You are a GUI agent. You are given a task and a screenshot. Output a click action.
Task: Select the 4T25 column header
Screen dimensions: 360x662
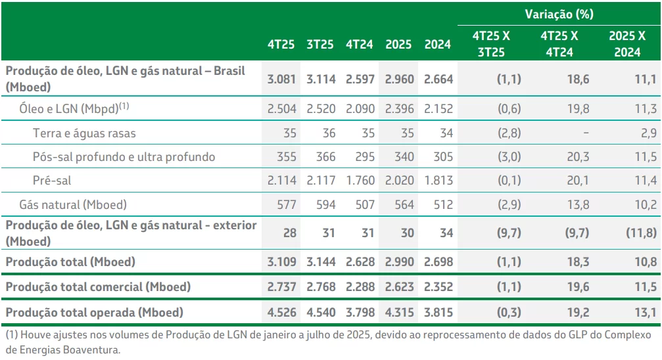(x=281, y=45)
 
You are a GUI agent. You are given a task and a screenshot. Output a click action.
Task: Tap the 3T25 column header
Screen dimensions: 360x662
(x=321, y=45)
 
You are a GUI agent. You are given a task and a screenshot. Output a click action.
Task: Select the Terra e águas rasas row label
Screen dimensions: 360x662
(x=84, y=133)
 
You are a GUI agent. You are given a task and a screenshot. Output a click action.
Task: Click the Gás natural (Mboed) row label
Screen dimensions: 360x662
(x=72, y=205)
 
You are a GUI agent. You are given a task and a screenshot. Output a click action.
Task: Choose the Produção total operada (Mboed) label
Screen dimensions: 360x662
(x=95, y=312)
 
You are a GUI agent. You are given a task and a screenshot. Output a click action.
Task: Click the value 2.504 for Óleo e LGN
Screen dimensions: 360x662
(x=281, y=109)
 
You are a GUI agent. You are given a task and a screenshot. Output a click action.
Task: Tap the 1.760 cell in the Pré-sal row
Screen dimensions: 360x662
(x=360, y=181)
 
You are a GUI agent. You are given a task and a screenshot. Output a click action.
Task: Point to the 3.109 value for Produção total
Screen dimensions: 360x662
(x=281, y=261)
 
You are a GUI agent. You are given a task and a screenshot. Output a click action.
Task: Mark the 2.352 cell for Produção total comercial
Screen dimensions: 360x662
(x=438, y=286)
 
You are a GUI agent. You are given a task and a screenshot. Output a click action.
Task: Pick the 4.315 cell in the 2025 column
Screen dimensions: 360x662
(x=398, y=312)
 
